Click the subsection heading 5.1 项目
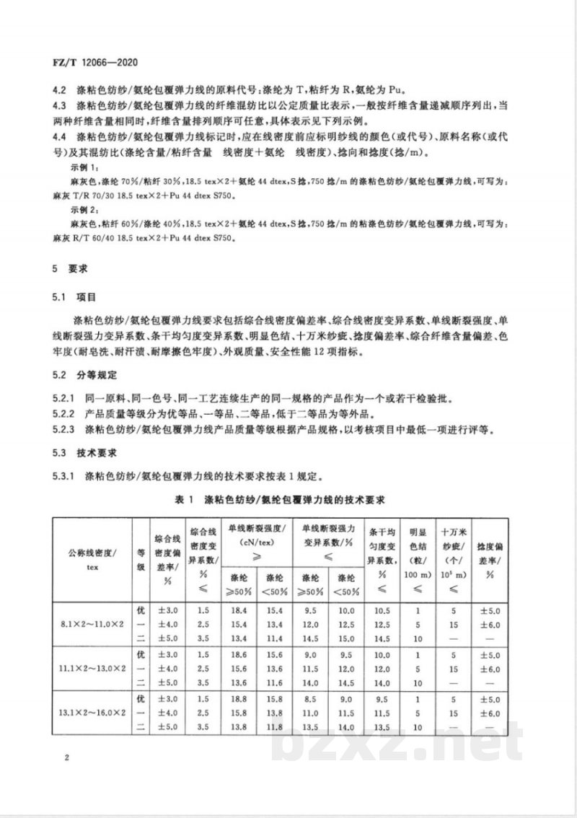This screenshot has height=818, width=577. [78, 296]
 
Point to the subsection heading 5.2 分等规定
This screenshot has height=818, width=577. [87, 376]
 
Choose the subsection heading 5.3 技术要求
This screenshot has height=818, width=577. [87, 455]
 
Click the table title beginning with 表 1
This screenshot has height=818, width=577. [288, 499]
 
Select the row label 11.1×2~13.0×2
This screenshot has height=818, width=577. [90, 669]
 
